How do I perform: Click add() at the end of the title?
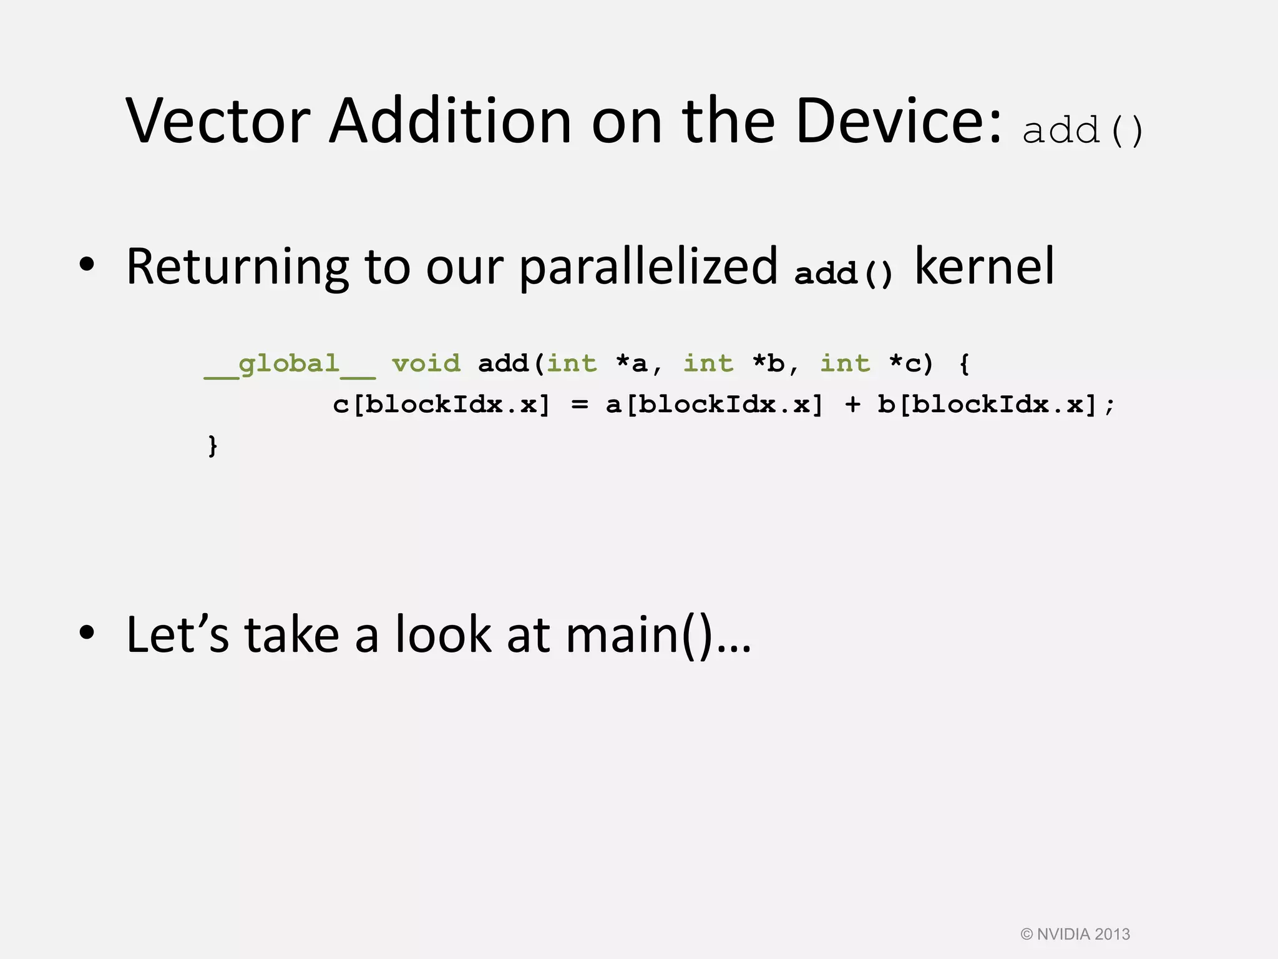(1083, 130)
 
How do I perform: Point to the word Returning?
(237, 267)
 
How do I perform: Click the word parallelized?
(648, 267)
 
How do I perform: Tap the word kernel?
(984, 267)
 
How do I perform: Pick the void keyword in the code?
(426, 363)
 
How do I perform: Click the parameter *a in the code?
(632, 363)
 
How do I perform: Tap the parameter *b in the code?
(768, 363)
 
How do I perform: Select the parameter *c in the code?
(905, 363)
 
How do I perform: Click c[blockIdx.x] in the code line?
(441, 405)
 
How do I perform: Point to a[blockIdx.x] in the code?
(714, 405)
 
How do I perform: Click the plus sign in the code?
(852, 405)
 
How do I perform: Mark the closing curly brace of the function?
(213, 446)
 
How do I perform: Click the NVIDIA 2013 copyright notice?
(1075, 934)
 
